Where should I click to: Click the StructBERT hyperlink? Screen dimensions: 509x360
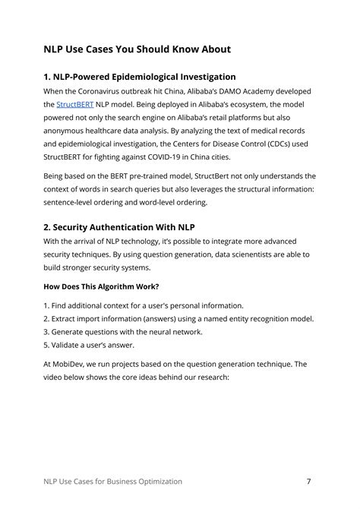[x=74, y=104]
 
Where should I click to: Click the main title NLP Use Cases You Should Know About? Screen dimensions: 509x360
[x=137, y=50]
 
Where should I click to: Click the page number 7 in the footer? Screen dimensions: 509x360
[x=309, y=482]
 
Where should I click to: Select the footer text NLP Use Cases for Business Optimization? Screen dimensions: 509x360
[x=112, y=482]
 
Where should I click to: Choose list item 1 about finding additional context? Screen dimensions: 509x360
[x=144, y=305]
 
